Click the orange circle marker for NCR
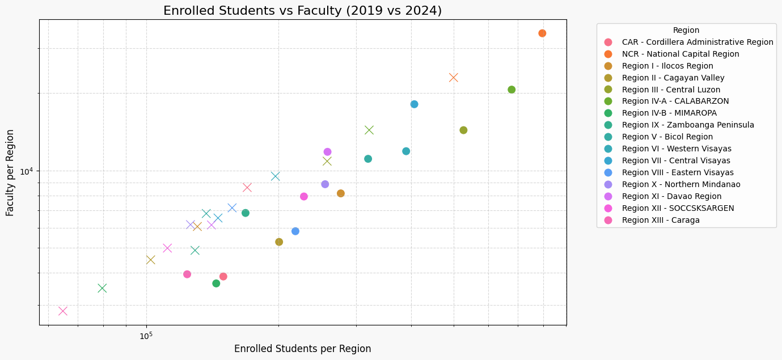click(542, 33)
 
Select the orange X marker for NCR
click(453, 78)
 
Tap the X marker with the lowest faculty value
click(63, 311)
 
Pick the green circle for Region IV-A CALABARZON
click(512, 90)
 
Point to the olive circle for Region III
click(463, 130)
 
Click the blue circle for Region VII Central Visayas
click(414, 104)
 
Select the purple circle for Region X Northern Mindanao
click(325, 184)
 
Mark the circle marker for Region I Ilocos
click(341, 193)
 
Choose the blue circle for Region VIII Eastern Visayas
click(295, 231)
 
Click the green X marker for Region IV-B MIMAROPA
click(102, 288)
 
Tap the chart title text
click(302, 11)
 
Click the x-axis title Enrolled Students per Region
click(302, 349)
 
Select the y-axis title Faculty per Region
click(10, 172)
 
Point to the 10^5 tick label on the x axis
click(146, 336)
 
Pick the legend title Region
click(686, 31)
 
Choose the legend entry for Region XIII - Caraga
click(660, 220)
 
